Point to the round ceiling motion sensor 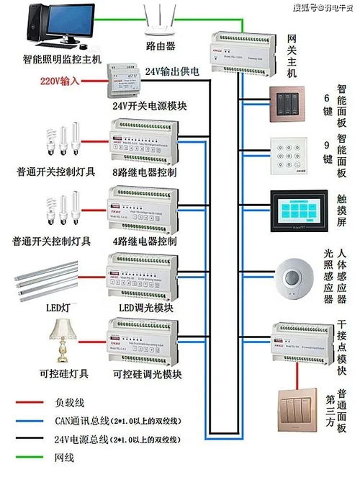pos(295,276)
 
